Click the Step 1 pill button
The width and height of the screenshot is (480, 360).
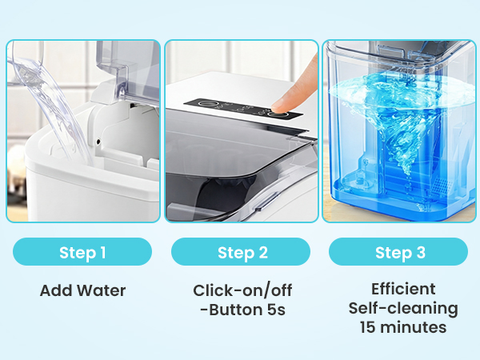tap(82, 252)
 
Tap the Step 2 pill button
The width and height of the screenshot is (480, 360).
tap(241, 252)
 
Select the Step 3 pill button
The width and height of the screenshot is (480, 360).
tap(398, 252)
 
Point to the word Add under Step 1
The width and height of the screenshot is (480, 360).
tap(53, 290)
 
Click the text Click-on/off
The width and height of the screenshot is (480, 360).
tap(241, 290)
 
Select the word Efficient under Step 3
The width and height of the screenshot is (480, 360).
tap(403, 289)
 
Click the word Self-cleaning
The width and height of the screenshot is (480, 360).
tap(403, 308)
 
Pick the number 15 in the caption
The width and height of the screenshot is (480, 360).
tap(368, 327)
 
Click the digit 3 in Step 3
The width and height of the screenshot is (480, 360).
tap(421, 252)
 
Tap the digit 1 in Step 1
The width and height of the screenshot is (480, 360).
tap(102, 252)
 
